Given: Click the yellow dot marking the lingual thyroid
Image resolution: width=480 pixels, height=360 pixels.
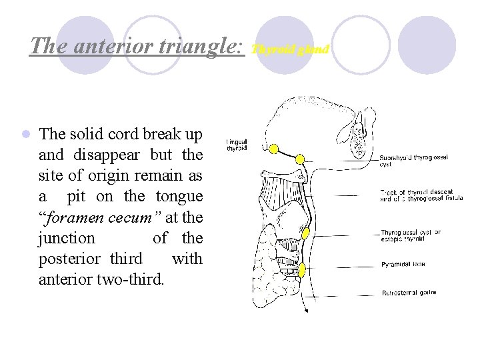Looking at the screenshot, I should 273,147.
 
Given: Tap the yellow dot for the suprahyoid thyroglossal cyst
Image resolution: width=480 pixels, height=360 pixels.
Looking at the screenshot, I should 300,159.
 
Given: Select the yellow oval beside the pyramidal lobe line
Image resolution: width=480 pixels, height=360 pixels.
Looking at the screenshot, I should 302,271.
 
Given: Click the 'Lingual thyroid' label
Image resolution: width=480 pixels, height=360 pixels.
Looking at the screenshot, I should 237,145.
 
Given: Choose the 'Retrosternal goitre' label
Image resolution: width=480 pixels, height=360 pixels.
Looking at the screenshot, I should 408,293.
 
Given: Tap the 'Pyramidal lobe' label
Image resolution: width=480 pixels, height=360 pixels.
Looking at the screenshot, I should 403,264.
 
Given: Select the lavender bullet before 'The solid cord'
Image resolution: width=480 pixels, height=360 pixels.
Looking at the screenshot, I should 25,134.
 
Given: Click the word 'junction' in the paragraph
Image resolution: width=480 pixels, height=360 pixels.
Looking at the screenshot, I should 67,237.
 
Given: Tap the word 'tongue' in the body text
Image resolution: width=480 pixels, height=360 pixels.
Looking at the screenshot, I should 179,196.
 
